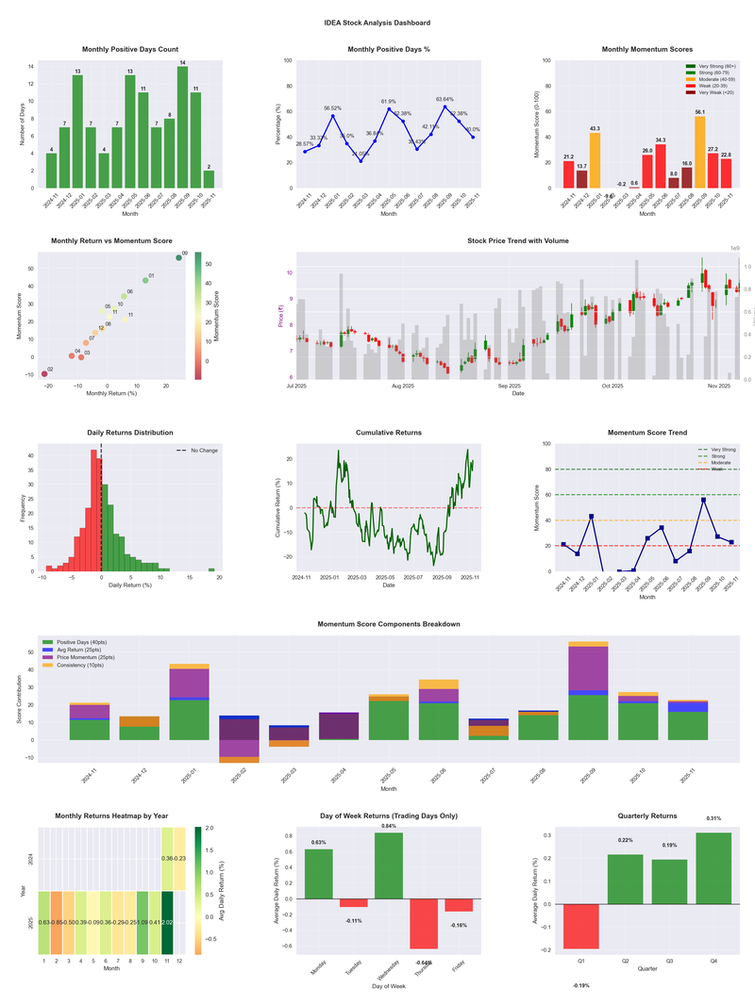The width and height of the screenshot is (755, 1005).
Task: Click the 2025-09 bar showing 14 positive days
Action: [x=182, y=127]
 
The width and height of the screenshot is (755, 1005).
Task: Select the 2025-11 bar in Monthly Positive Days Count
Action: [x=209, y=178]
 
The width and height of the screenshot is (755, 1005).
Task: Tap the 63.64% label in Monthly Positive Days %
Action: [x=445, y=99]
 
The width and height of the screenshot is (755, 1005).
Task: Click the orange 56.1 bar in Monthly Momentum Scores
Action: [x=699, y=152]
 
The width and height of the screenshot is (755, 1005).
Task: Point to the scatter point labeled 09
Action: [x=178, y=257]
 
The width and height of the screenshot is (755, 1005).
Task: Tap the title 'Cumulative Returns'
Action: [x=389, y=433]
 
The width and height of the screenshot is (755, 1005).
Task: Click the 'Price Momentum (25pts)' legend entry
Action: [x=87, y=656]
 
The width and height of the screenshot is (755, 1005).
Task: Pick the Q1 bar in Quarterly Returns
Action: [x=580, y=926]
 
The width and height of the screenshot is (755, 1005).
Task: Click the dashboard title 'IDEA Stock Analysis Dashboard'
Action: [x=377, y=23]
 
